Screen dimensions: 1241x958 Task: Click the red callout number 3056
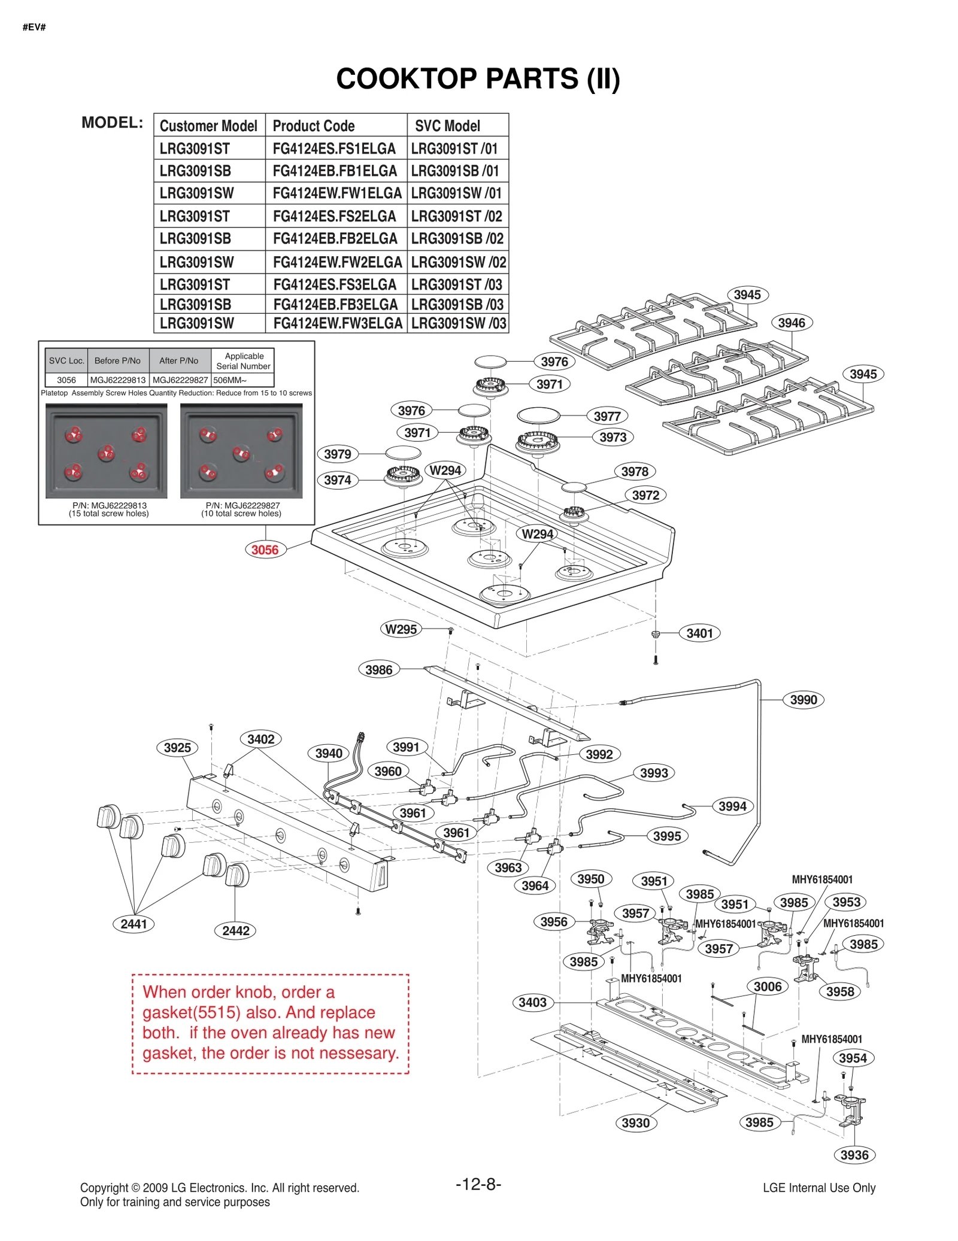click(265, 550)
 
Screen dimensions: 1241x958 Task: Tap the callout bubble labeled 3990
click(803, 700)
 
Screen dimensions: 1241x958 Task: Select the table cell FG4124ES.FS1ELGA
click(334, 148)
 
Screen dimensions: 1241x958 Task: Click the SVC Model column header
click(447, 126)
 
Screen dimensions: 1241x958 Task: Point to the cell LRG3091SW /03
click(458, 323)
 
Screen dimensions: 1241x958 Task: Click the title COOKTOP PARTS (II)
click(478, 79)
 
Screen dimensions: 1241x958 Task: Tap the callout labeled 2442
click(235, 930)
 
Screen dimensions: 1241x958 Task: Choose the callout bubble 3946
click(791, 323)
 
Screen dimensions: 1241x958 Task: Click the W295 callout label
click(401, 629)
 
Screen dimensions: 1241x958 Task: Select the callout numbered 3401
click(699, 633)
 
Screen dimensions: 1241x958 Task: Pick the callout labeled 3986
click(378, 670)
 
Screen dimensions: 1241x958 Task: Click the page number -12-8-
click(478, 1184)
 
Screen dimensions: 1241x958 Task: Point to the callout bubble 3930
click(635, 1122)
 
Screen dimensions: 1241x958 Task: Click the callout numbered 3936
click(854, 1155)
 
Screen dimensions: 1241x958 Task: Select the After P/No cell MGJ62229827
click(180, 380)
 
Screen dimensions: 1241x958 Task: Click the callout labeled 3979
click(337, 454)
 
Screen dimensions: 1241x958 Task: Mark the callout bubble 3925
click(177, 748)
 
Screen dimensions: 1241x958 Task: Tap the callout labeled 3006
click(767, 986)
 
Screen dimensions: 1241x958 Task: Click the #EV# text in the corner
click(34, 27)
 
